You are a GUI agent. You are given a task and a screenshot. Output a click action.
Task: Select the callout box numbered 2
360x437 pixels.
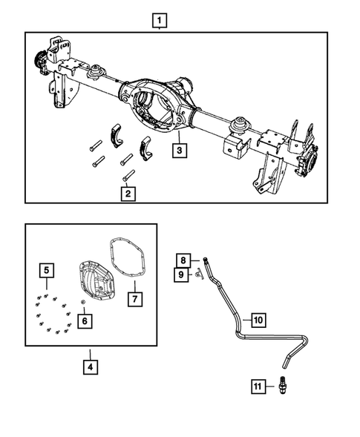pos(128,194)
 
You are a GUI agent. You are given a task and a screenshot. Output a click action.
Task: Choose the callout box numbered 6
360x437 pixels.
pos(87,321)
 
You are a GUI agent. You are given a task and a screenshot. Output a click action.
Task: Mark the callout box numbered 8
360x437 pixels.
pos(181,260)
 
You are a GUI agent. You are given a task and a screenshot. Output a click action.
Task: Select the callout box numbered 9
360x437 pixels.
pos(181,275)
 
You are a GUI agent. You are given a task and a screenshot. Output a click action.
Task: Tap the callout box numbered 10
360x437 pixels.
pos(258,320)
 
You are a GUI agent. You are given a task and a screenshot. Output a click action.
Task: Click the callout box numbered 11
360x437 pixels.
pos(257,386)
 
